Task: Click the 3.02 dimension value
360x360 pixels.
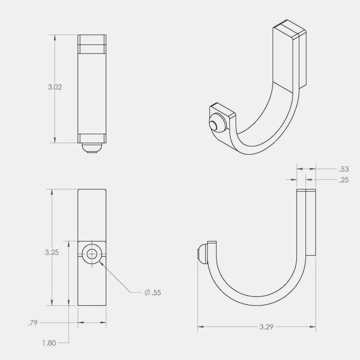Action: (55, 87)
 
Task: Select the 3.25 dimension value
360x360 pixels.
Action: (52, 252)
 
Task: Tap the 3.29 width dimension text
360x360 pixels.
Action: (266, 327)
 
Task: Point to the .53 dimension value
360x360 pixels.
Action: (344, 169)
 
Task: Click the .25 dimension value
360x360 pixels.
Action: (344, 180)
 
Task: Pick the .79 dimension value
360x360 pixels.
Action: (33, 322)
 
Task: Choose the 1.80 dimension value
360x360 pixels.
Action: (49, 343)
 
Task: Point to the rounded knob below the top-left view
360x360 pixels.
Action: (92, 148)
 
